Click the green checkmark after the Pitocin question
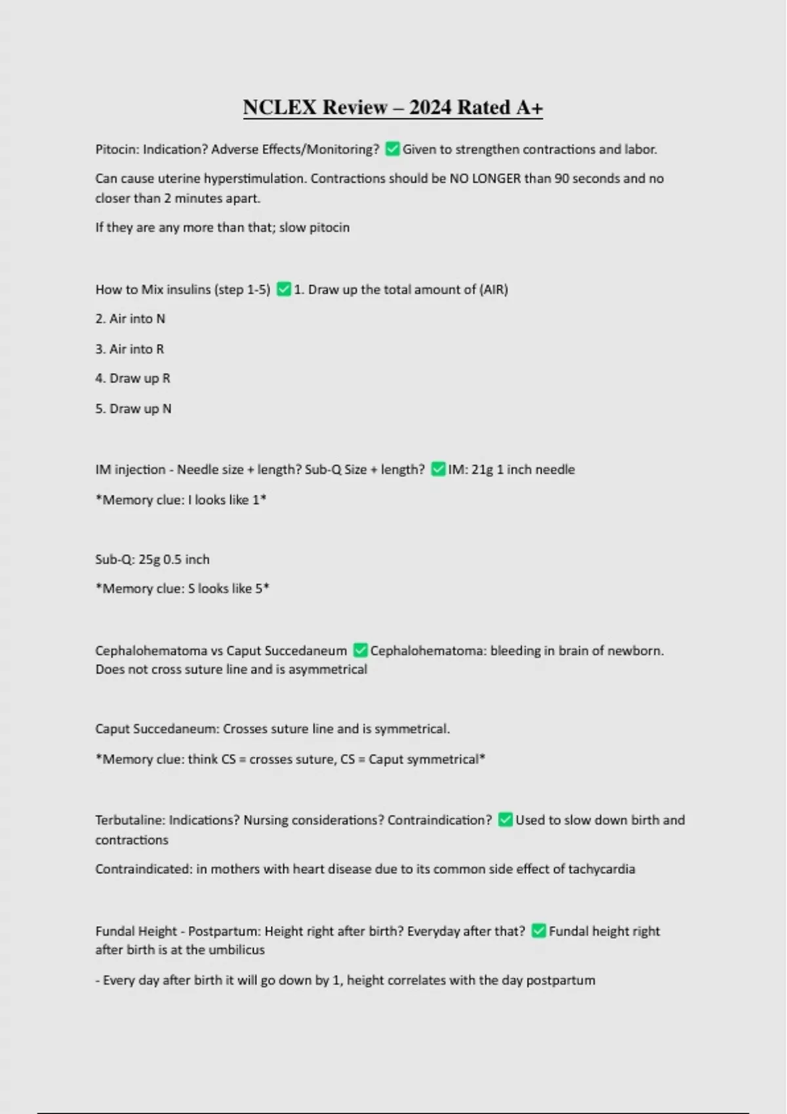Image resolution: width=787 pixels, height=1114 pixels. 392,149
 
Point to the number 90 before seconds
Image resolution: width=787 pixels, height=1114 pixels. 561,178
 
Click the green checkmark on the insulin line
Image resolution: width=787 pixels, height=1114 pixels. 283,289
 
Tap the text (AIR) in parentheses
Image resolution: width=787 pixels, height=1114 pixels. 493,289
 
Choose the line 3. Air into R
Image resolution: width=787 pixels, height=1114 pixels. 129,349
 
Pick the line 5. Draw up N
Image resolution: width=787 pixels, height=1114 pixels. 133,408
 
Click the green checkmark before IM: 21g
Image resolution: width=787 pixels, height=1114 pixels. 437,469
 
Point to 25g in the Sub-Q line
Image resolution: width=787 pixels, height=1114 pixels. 149,559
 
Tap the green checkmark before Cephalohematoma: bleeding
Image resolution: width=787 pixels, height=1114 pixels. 360,650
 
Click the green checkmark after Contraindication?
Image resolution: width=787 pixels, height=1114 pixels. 505,820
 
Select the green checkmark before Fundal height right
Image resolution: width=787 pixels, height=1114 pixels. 538,931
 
